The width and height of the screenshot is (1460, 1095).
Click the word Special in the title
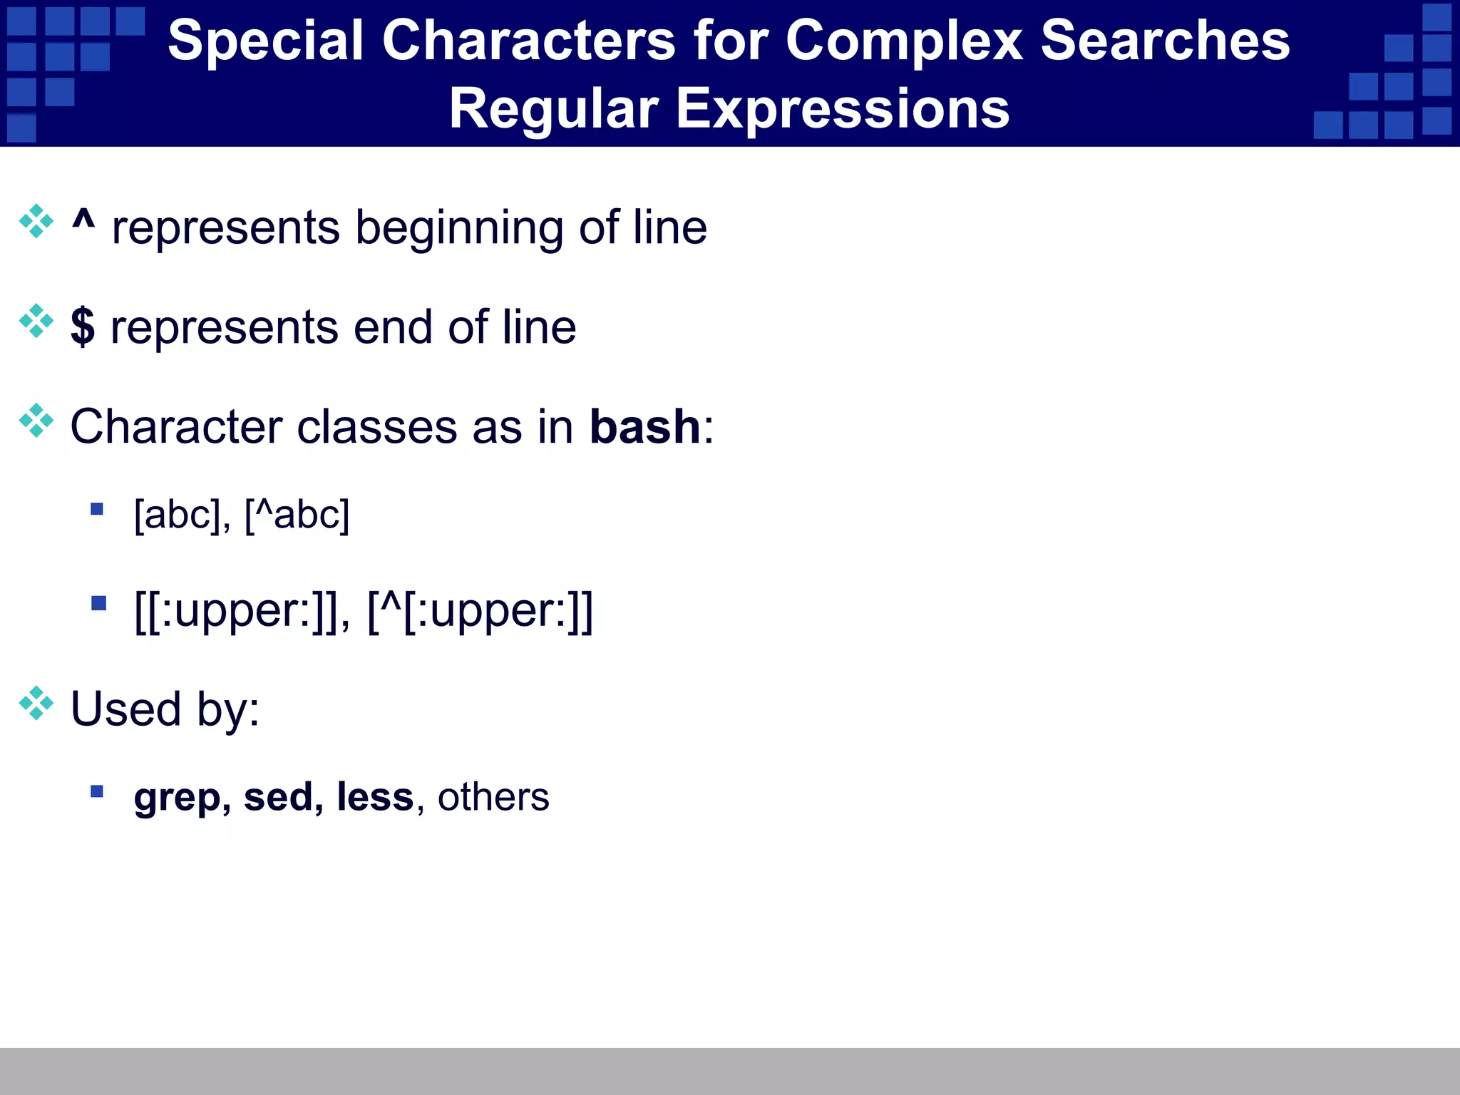[x=265, y=41]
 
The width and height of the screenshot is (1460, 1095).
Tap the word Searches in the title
[x=1165, y=41]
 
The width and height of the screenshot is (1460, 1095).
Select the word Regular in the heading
[x=553, y=109]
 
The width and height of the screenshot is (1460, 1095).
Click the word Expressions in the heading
[x=842, y=109]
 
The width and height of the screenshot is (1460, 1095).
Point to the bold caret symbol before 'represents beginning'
[x=83, y=220]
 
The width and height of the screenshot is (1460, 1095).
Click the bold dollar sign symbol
[x=83, y=327]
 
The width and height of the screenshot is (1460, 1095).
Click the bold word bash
[x=645, y=427]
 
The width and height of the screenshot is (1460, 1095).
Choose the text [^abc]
[x=297, y=515]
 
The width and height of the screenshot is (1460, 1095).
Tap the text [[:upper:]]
[x=237, y=611]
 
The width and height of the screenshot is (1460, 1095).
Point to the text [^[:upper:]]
[x=480, y=611]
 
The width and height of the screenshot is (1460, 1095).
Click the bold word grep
[x=178, y=798]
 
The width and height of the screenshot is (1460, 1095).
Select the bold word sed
[x=278, y=796]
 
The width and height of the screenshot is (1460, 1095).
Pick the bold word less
[x=374, y=796]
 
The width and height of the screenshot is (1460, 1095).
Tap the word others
[x=493, y=797]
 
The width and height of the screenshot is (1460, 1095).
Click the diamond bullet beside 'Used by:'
[x=36, y=704]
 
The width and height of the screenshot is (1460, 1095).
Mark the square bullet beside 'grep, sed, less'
[x=97, y=791]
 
